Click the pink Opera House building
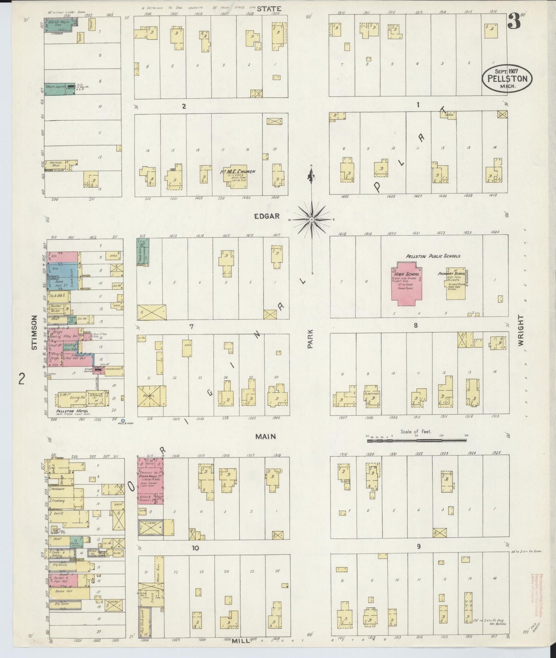(150, 481)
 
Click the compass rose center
(312, 219)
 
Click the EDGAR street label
(267, 216)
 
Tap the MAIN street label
(266, 436)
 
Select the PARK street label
(310, 339)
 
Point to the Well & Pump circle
(123, 421)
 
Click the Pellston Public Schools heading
(433, 256)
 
